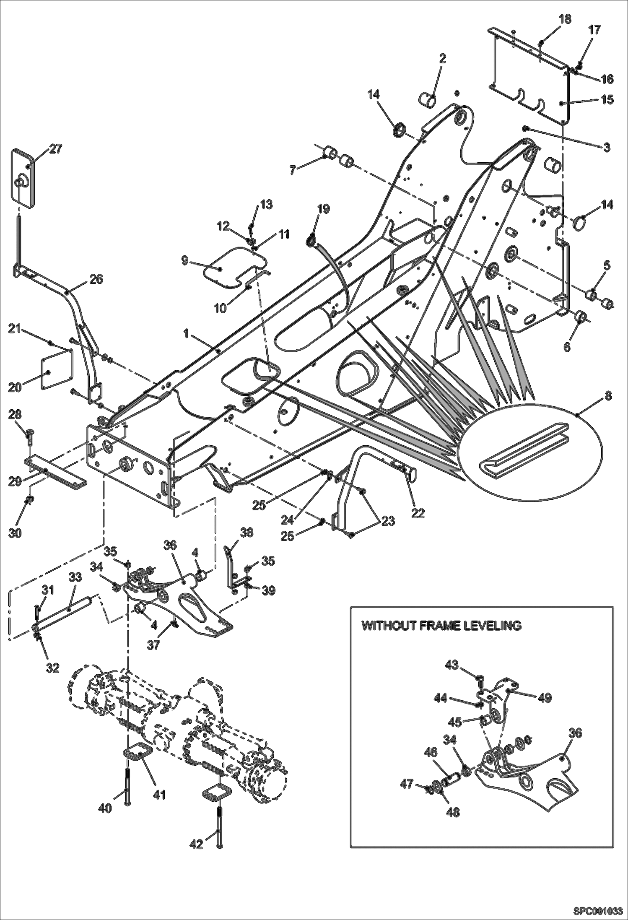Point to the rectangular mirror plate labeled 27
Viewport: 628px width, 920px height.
point(23,178)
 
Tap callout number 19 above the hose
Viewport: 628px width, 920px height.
point(324,209)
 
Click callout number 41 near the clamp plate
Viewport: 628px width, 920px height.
point(159,794)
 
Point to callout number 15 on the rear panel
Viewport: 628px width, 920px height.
point(607,100)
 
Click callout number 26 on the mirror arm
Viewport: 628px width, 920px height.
point(97,279)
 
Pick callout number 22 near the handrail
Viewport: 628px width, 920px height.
point(418,513)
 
